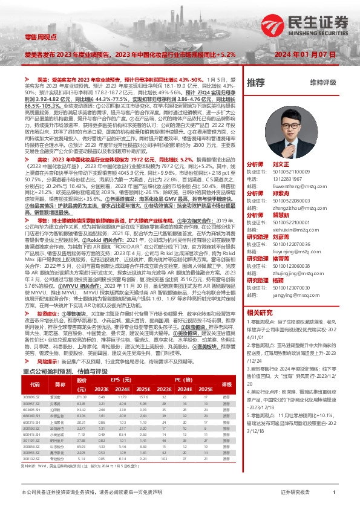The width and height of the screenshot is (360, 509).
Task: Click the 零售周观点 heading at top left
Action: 40,37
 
